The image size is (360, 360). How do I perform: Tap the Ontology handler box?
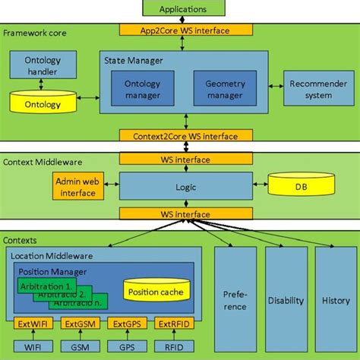(33, 65)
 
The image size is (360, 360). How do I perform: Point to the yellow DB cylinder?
(300, 185)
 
